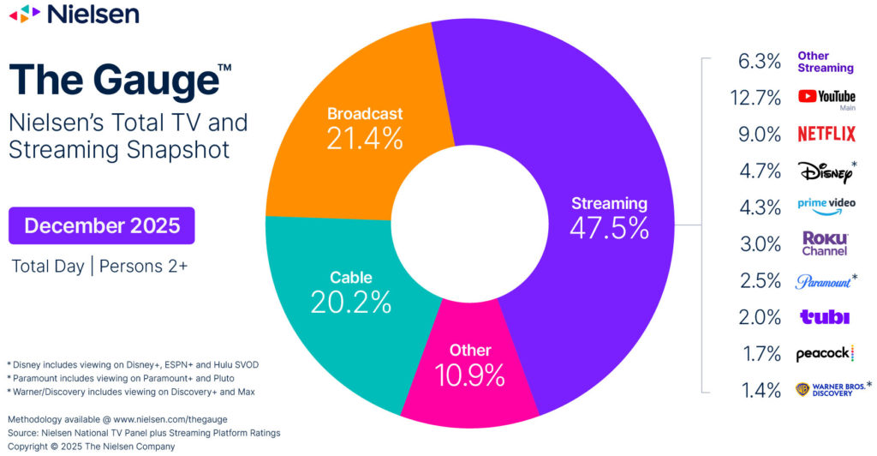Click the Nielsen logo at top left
pos(74,15)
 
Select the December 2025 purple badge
pos(102,225)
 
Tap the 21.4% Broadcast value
pos(364,138)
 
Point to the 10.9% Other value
pos(470,375)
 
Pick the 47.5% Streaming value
pos(609,228)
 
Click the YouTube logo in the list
pos(826,97)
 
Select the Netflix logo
pos(826,134)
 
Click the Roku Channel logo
pos(825,243)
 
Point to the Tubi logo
pos(824,317)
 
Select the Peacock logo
pos(824,353)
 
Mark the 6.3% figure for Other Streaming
pos(759,61)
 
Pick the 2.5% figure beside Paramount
pos(759,280)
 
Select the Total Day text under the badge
pos(47,266)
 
